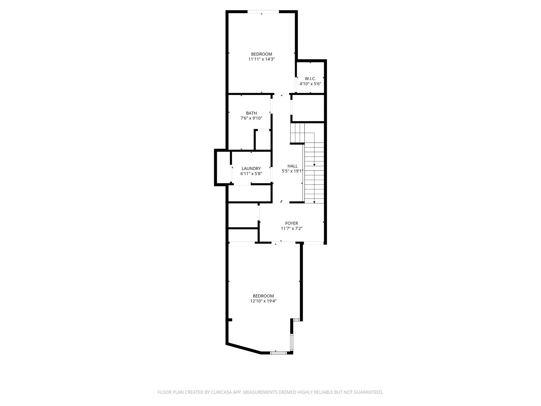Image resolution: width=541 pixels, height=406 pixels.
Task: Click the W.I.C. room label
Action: tap(310, 79)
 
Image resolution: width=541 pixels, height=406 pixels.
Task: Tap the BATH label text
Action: tap(251, 113)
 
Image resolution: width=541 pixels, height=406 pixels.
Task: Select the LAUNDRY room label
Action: tap(251, 169)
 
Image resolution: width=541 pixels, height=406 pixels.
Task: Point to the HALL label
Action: tap(292, 166)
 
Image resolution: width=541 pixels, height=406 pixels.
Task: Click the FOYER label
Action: tap(292, 223)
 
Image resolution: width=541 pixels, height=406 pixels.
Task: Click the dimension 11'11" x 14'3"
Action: tap(261, 59)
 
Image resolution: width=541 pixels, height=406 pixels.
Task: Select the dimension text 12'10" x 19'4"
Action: tap(263, 301)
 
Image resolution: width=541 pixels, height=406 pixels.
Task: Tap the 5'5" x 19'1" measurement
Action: tap(292, 171)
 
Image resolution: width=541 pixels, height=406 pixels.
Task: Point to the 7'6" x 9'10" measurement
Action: tap(251, 118)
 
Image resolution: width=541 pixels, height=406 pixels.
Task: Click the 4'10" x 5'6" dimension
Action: tap(310, 84)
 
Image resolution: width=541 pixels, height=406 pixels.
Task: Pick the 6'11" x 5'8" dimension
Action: tap(251, 174)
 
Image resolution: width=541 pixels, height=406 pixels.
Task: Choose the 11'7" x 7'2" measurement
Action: tap(292, 228)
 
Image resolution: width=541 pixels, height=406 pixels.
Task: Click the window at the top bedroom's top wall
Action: tap(263, 12)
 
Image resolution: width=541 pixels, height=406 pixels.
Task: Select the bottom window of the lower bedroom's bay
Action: tap(278, 352)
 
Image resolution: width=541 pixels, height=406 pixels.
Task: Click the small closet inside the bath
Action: tap(263, 140)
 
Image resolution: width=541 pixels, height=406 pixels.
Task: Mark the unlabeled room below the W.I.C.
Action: tap(308, 108)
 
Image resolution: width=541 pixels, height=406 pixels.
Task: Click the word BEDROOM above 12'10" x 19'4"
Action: tap(263, 296)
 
